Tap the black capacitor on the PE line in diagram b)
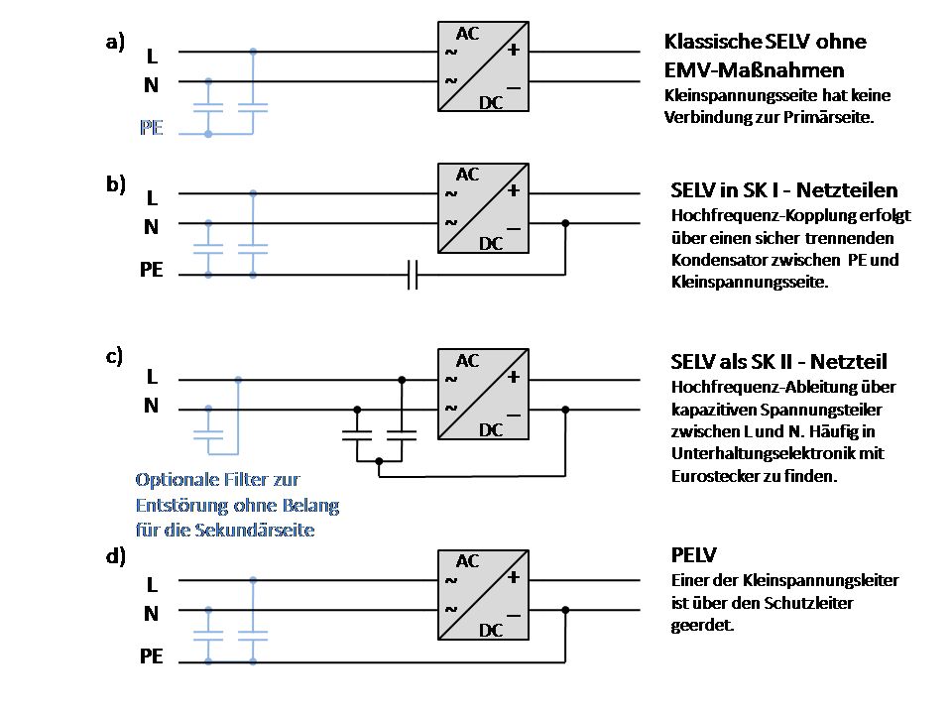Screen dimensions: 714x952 [414, 275]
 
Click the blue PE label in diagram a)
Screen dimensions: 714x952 [151, 128]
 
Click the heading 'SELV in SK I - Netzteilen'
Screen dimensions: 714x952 [785, 190]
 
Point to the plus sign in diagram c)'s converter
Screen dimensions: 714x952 [514, 377]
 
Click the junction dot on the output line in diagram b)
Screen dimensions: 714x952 [565, 224]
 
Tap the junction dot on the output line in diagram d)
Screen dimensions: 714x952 [565, 612]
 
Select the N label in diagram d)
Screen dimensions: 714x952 [151, 614]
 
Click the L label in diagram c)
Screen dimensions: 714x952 [152, 377]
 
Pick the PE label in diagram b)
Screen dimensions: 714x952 [151, 269]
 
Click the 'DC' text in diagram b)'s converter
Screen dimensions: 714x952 [492, 244]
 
